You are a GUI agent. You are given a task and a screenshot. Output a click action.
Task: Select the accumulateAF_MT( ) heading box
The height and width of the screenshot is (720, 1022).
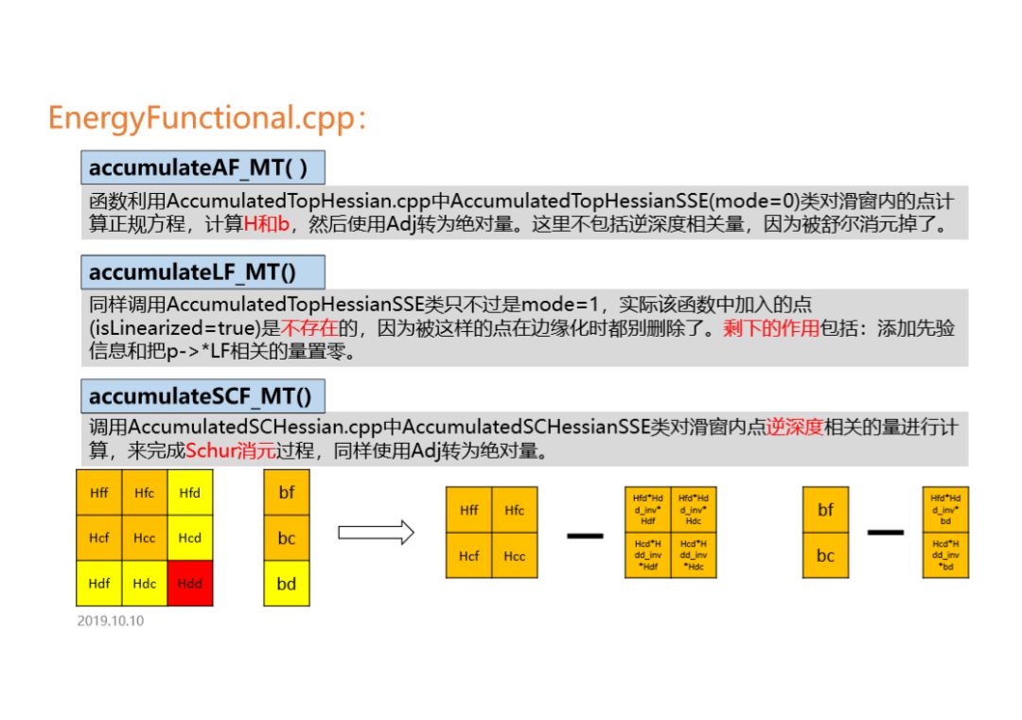tap(203, 167)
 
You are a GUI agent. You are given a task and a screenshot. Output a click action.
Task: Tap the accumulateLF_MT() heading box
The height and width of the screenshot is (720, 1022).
tap(203, 272)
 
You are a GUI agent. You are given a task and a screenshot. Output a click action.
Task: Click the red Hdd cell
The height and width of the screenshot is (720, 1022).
tap(189, 584)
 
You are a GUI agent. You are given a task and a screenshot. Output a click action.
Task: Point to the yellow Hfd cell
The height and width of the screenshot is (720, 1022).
tap(189, 493)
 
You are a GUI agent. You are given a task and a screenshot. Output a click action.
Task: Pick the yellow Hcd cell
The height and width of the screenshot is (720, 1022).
tap(189, 537)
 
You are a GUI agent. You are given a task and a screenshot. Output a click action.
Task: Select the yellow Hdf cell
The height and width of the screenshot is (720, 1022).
tap(98, 584)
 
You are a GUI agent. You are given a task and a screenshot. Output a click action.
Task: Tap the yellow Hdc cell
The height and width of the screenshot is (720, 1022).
tap(144, 584)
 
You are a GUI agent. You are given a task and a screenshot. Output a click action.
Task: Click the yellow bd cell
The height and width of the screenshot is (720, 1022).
tap(286, 584)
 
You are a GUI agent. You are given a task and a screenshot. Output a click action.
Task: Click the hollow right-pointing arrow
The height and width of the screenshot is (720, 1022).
tap(376, 533)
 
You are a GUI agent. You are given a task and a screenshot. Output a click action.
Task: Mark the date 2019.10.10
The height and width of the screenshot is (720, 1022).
tap(111, 622)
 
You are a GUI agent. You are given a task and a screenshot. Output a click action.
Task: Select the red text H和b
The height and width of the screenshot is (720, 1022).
tap(266, 225)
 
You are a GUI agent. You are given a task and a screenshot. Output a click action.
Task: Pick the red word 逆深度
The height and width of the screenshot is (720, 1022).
tap(794, 428)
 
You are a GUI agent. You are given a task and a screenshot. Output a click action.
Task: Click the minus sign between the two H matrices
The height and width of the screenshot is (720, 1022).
tap(585, 536)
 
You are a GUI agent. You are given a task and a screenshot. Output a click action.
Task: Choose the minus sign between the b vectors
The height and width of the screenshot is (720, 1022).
tap(885, 533)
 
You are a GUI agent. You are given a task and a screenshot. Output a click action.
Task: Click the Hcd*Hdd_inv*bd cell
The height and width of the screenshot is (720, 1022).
tap(945, 555)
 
